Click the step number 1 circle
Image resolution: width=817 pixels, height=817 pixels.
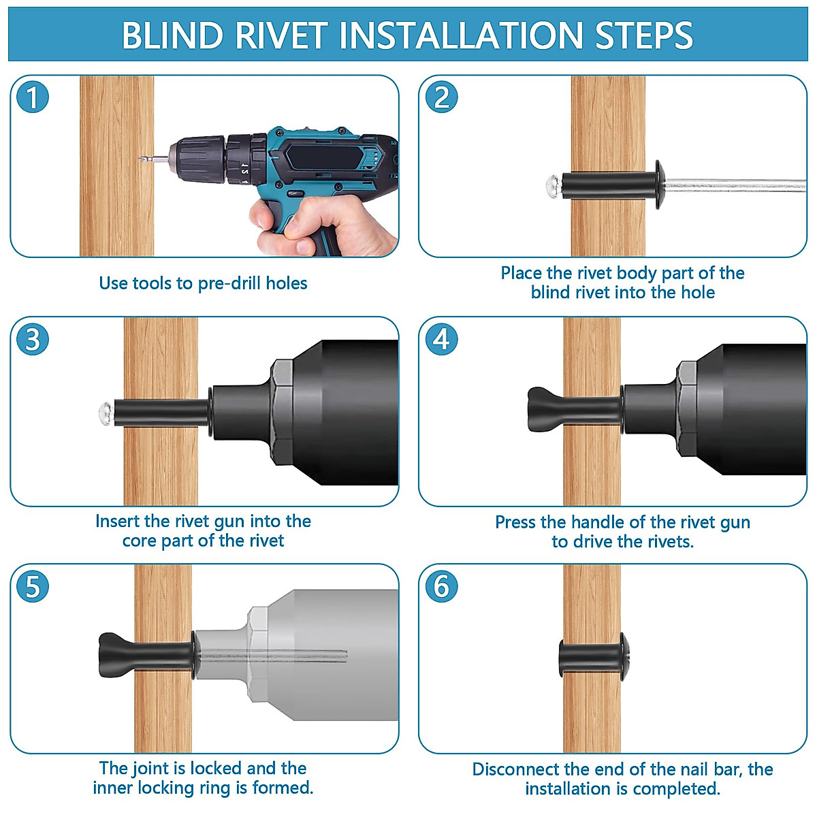(32, 97)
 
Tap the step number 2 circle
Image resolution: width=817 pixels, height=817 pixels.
(441, 97)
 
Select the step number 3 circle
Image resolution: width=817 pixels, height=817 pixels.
(32, 339)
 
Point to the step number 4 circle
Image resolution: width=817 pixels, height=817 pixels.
(441, 339)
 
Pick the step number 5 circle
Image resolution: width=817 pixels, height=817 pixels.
(32, 586)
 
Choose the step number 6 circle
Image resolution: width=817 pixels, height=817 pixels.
(441, 586)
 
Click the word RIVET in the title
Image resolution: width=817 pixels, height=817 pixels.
(281, 35)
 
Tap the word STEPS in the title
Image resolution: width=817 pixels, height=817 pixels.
(643, 35)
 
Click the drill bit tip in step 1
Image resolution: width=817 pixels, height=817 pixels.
(140, 159)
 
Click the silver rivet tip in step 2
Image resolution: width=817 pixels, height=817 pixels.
(554, 186)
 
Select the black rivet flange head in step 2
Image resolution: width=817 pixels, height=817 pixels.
(659, 185)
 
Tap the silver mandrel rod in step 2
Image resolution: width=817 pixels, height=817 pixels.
(735, 185)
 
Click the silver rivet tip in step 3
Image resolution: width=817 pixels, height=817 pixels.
(106, 413)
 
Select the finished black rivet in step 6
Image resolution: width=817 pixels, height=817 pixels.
(594, 657)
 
